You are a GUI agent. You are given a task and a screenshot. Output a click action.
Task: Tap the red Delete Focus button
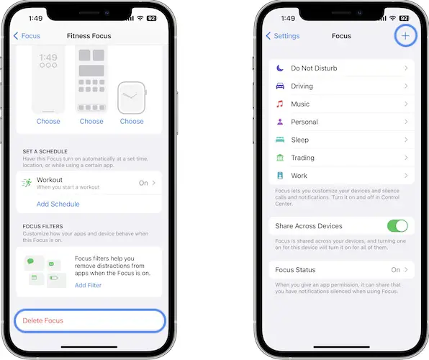[43, 320]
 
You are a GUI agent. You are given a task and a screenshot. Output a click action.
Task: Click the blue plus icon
[405, 35]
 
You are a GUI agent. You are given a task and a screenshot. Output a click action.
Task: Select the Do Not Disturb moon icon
[279, 68]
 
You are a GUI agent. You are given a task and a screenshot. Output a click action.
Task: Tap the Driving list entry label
[302, 86]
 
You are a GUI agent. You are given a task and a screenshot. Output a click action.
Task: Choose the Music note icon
[279, 104]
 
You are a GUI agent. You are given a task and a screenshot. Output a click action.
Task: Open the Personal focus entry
[304, 122]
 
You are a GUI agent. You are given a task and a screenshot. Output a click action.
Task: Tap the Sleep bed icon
[280, 140]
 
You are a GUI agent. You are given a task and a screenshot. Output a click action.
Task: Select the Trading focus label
[302, 158]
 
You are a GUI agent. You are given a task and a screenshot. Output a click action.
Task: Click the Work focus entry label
[299, 176]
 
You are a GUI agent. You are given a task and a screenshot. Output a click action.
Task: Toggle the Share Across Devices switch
[397, 226]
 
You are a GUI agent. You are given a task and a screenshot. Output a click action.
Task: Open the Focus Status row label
[295, 270]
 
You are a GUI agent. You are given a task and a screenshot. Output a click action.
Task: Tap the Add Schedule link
[58, 204]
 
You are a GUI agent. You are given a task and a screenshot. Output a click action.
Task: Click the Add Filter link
[88, 285]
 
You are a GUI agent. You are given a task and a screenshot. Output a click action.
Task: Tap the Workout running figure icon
[27, 183]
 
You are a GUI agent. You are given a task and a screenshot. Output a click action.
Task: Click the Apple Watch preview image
[132, 98]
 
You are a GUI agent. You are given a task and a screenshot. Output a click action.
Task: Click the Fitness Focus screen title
[89, 36]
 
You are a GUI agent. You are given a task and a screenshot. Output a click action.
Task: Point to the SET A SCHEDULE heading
[45, 151]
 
